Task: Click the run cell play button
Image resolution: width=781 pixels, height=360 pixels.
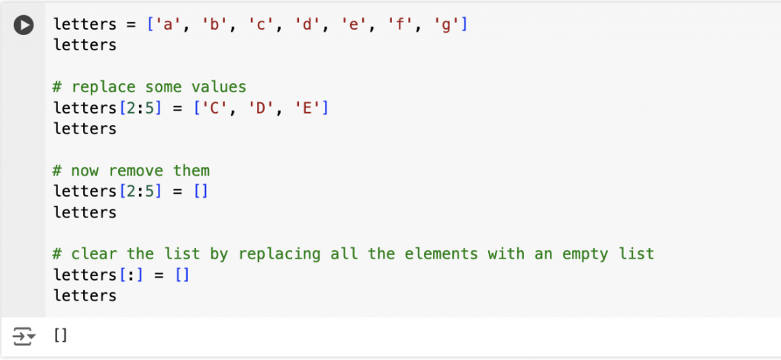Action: tap(24, 25)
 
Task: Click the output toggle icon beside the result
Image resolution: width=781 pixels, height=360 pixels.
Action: tap(24, 336)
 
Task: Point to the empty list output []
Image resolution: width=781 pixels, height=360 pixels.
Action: tap(60, 336)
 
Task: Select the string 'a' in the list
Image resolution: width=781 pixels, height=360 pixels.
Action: tap(166, 24)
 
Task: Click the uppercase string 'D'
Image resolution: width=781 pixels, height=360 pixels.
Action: tap(259, 108)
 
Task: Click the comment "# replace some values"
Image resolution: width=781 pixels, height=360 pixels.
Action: tap(150, 87)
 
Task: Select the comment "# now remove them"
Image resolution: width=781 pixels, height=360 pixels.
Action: tap(131, 171)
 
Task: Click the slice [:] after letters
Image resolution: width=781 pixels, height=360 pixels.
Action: tap(133, 275)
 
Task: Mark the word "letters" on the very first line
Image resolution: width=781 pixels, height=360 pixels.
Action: tap(85, 24)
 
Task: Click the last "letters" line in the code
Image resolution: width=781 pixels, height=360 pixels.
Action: tap(85, 296)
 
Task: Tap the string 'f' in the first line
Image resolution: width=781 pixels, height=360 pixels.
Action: tap(400, 24)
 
